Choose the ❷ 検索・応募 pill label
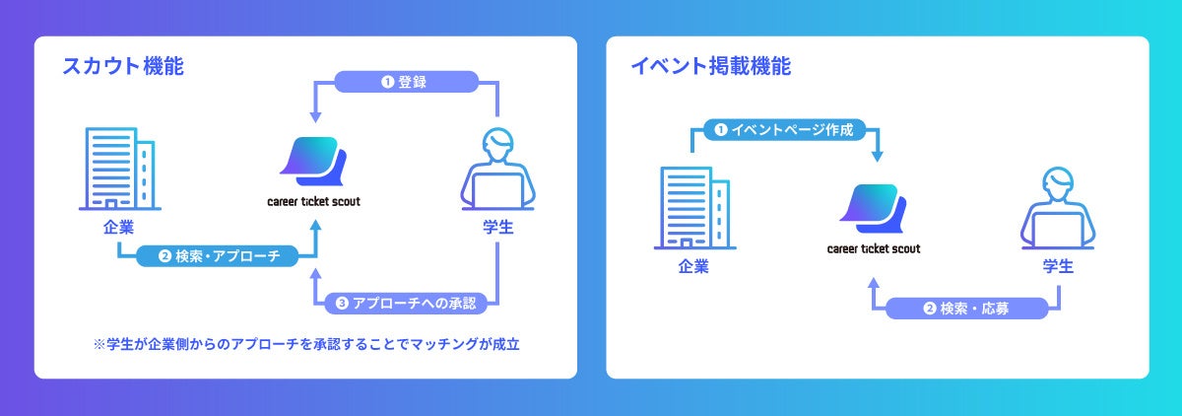tap(966, 308)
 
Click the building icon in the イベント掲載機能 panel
tap(693, 206)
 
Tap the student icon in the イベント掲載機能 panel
tap(1058, 209)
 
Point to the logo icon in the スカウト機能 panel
tap(313, 162)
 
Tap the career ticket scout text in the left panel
tap(313, 201)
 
